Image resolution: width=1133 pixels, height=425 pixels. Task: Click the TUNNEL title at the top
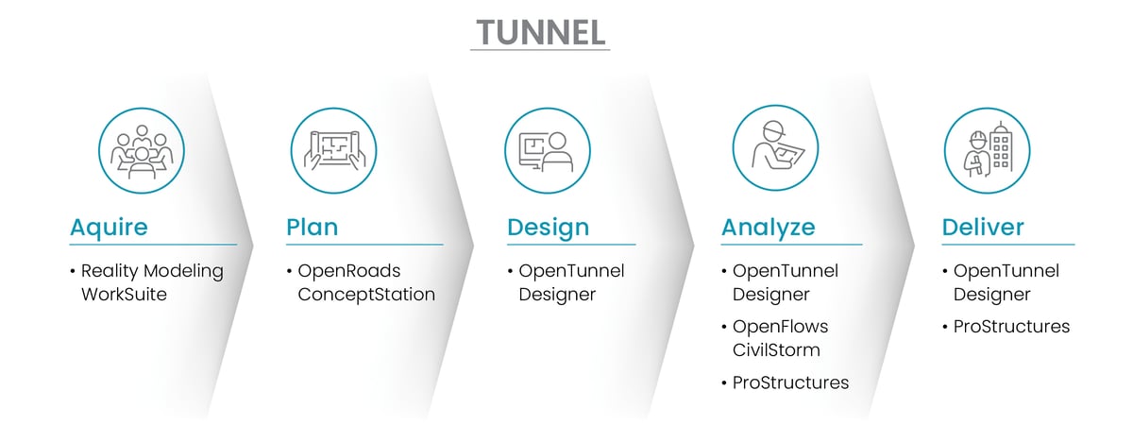[539, 31]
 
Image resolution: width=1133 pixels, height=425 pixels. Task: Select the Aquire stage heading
[109, 228]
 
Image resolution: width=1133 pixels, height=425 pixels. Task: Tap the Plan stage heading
[312, 228]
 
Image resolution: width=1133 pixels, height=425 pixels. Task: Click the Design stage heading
[548, 228]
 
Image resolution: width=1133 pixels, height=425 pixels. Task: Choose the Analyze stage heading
[769, 228]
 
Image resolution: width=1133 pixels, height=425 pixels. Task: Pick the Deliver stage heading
[983, 228]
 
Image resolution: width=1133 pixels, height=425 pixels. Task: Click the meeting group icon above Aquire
[142, 149]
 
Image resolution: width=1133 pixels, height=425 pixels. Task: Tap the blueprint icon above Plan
[333, 149]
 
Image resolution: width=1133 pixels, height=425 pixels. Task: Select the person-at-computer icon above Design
[548, 149]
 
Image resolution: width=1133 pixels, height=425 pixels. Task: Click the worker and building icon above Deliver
[987, 149]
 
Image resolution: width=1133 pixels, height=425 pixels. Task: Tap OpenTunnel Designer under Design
[570, 282]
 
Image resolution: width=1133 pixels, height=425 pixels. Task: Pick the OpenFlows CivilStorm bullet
[779, 338]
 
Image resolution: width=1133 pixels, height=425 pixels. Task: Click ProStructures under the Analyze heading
[790, 382]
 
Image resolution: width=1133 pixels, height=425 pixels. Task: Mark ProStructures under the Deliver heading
[1011, 327]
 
